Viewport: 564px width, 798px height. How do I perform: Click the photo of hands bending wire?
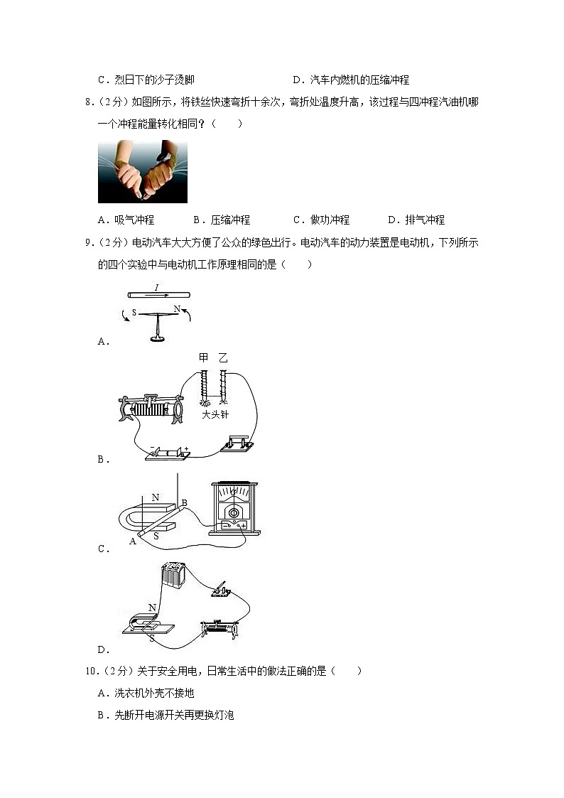tap(142, 172)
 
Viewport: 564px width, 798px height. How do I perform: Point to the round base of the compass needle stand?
tap(158, 338)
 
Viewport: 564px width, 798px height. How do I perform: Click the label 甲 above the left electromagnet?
tap(205, 357)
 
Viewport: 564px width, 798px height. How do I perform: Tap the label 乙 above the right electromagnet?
tap(224, 357)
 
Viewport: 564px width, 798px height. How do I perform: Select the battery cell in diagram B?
tap(169, 453)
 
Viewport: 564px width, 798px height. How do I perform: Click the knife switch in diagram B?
tap(237, 444)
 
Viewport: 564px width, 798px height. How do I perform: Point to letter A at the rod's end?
tap(132, 541)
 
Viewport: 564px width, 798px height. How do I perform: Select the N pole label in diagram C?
tap(156, 497)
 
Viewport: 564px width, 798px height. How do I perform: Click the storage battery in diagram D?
tap(173, 575)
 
